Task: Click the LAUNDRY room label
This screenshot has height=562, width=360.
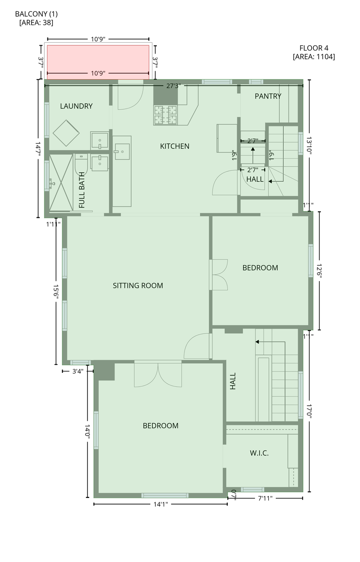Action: (76, 106)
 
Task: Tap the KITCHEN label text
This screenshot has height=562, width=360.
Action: (174, 146)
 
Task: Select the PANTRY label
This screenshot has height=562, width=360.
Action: (268, 96)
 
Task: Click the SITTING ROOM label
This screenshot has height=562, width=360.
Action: (138, 285)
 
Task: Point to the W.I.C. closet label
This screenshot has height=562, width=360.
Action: (259, 453)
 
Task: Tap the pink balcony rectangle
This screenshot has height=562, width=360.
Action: (98, 62)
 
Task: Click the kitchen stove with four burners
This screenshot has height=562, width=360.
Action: (166, 115)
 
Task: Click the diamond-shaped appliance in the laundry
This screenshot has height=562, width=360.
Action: (66, 133)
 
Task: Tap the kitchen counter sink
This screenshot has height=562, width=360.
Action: (122, 152)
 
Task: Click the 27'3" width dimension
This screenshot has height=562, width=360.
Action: (173, 86)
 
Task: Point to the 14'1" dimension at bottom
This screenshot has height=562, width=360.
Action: (160, 504)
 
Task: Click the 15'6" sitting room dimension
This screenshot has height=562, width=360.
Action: (56, 291)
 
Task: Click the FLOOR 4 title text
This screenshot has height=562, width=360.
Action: (313, 48)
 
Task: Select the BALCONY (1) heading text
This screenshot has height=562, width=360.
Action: (36, 14)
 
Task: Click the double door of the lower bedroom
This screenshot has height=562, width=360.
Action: (158, 374)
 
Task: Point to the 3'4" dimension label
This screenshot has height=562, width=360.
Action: (78, 371)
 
